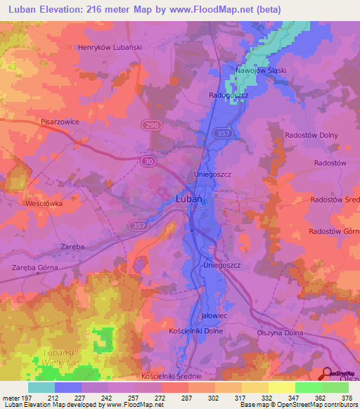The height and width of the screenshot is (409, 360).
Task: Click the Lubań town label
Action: pos(188,199)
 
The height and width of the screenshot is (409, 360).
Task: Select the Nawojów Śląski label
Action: pos(261,71)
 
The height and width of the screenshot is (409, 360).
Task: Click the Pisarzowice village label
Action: pos(60,122)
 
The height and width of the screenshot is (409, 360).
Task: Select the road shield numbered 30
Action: pos(149,161)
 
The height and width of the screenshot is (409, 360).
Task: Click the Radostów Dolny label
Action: pos(311,135)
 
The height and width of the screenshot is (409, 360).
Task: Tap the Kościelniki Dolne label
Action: pos(196,330)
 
